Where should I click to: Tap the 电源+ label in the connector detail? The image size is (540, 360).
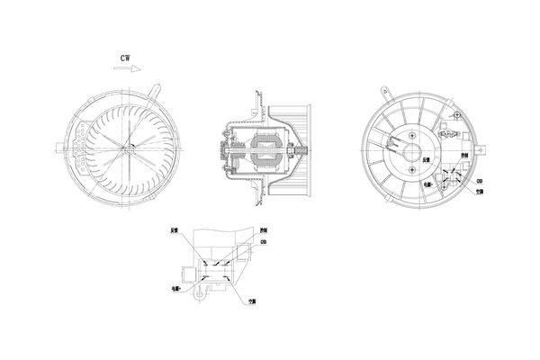(175, 290)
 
